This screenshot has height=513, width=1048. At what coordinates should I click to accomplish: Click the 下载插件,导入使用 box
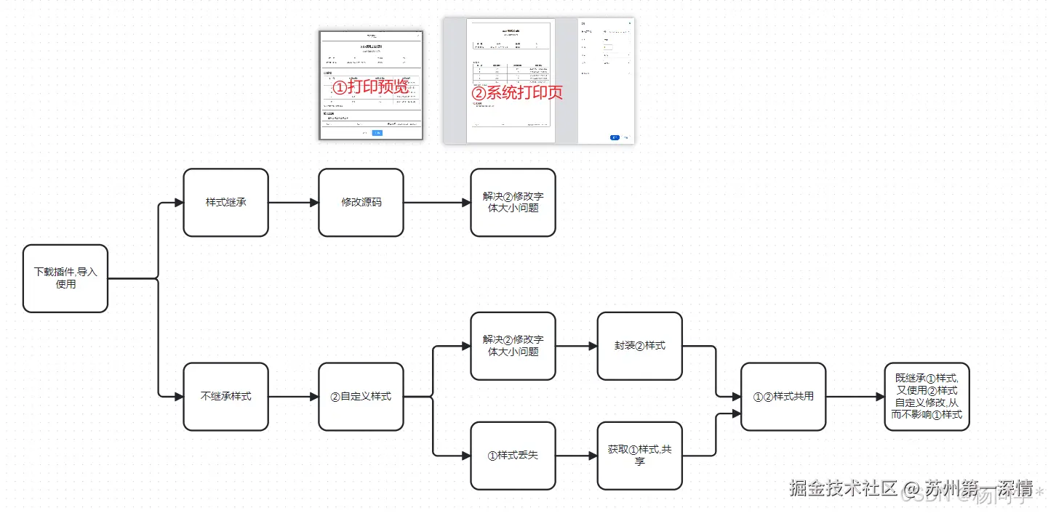pyautogui.click(x=65, y=278)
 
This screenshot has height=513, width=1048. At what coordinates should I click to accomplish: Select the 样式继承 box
pyautogui.click(x=225, y=202)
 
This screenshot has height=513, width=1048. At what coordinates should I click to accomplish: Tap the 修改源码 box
pyautogui.click(x=361, y=202)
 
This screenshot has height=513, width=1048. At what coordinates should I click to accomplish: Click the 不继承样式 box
pyautogui.click(x=225, y=396)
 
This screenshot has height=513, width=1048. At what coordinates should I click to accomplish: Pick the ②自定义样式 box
pyautogui.click(x=361, y=396)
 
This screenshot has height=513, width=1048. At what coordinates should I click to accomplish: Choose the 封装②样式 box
pyautogui.click(x=639, y=346)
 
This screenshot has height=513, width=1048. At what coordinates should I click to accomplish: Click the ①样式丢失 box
pyautogui.click(x=513, y=456)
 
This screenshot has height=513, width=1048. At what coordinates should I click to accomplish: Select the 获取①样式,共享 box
pyautogui.click(x=639, y=456)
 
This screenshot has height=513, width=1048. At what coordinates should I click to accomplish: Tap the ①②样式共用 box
pyautogui.click(x=783, y=396)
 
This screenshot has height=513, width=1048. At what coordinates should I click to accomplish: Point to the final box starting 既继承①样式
pyautogui.click(x=927, y=396)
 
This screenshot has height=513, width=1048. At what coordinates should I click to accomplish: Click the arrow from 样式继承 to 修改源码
pyautogui.click(x=294, y=203)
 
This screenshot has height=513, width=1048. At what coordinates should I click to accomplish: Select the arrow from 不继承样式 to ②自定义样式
pyautogui.click(x=294, y=397)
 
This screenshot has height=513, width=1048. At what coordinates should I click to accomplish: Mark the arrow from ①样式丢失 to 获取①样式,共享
pyautogui.click(x=576, y=456)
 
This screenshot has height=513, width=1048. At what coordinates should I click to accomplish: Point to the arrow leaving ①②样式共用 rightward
pyautogui.click(x=855, y=397)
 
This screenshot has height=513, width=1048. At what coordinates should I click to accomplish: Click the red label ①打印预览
pyautogui.click(x=369, y=87)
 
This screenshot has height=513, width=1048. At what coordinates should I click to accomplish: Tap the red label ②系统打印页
pyautogui.click(x=517, y=93)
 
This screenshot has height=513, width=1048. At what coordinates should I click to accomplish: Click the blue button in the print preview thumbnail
pyautogui.click(x=377, y=133)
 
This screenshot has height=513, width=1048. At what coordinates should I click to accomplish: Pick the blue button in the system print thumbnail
pyautogui.click(x=615, y=137)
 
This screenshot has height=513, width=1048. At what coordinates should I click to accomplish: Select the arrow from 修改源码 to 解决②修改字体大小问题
pyautogui.click(x=436, y=203)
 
